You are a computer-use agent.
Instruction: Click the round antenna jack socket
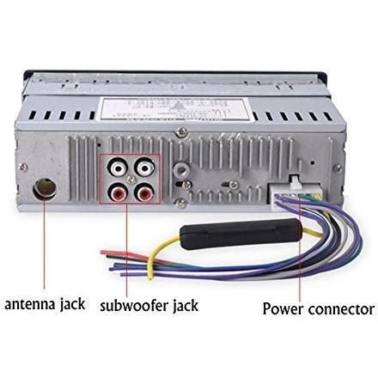[45, 189]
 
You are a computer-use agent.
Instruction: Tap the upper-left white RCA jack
[118, 168]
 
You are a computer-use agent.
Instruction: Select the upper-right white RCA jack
[144, 168]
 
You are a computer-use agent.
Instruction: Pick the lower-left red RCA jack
[118, 192]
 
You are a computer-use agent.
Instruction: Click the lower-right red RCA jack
[144, 192]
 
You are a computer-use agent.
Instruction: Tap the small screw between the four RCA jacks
[131, 180]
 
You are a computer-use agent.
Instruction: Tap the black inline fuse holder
[241, 233]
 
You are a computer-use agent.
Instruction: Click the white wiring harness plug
[295, 192]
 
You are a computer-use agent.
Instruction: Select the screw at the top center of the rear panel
[181, 132]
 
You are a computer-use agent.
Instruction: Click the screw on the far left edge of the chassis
[22, 168]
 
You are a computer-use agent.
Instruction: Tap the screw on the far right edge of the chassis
[338, 168]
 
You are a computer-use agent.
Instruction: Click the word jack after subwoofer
[186, 306]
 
